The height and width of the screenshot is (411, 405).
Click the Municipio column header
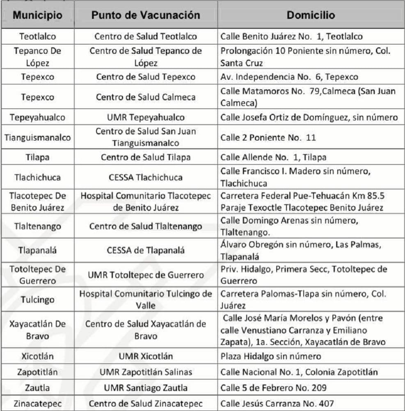click(37, 15)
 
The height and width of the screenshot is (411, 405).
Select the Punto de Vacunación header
click(146, 15)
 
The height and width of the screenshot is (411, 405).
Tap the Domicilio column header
click(311, 15)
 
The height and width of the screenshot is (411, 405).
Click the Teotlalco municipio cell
click(37, 36)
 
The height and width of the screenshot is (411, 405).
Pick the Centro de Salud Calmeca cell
click(146, 97)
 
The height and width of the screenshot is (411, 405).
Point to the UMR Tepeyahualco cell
click(146, 118)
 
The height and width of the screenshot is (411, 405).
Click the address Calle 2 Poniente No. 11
click(268, 138)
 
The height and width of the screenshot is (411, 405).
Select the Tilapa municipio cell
click(37, 157)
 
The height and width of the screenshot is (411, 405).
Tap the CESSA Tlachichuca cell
click(146, 178)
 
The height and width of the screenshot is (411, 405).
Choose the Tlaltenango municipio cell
click(37, 226)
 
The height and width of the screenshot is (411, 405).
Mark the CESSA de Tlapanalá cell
click(146, 250)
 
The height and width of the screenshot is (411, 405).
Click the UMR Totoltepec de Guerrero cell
click(146, 275)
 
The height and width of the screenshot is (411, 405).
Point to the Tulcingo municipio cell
click(37, 300)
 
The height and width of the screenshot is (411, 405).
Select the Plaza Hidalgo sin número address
click(270, 356)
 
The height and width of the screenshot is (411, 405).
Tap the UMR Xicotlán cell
click(146, 356)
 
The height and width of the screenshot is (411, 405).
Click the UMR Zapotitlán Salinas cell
click(146, 372)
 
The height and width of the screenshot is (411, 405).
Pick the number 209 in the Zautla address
click(318, 388)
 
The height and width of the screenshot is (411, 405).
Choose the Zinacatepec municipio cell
click(37, 404)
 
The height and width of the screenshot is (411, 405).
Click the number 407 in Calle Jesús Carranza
click(325, 404)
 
